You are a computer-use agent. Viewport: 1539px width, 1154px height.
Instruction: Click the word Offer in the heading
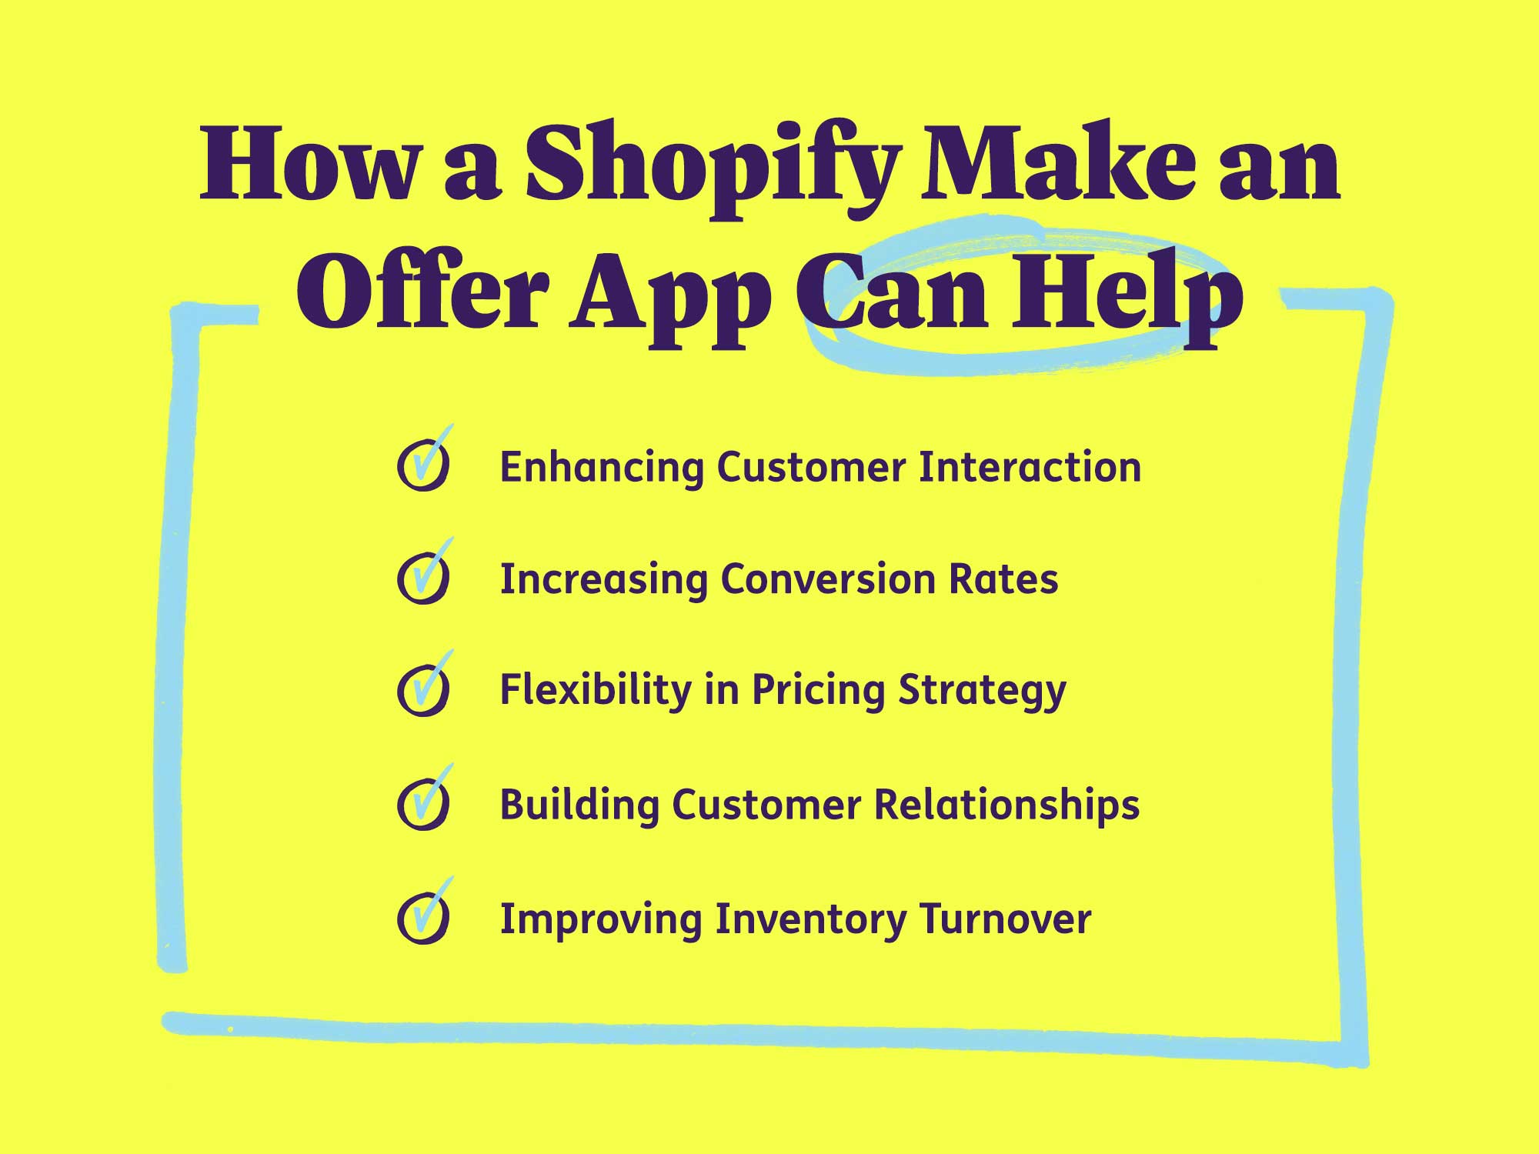[422, 296]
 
